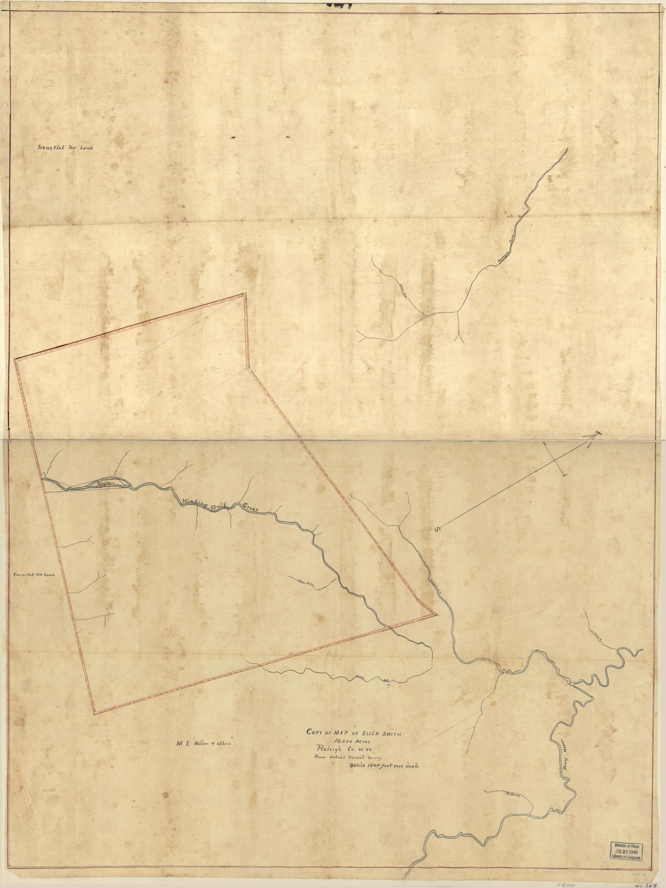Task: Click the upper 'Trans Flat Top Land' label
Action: click(x=65, y=147)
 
